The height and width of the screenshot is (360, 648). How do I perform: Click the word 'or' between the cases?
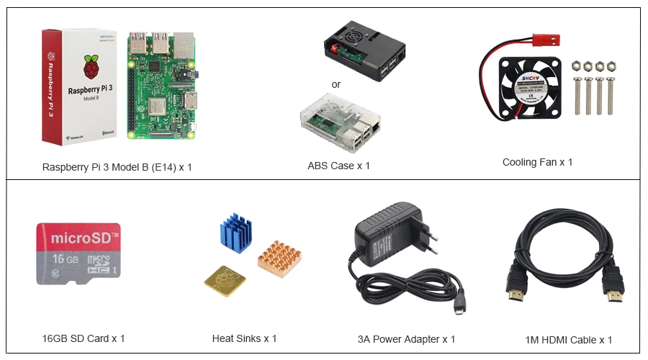[x=336, y=85]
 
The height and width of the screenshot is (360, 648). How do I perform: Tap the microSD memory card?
[x=78, y=253]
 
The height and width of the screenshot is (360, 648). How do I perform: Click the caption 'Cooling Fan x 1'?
[x=537, y=162]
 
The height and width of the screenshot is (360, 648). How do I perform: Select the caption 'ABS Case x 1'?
[x=338, y=166]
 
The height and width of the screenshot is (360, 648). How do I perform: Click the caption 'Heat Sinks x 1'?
[x=244, y=338]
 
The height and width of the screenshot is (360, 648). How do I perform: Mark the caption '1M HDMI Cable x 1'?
[x=569, y=340]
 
